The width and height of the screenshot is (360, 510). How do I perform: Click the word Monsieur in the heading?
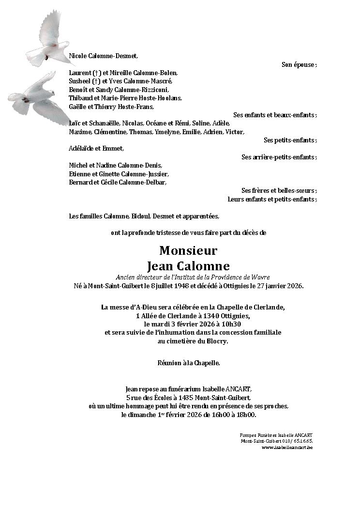pos(188,250)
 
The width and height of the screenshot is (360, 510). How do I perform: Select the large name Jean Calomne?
pos(188,266)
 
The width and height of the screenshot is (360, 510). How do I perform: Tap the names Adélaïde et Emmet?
pos(96,148)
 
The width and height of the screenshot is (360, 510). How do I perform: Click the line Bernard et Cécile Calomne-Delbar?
pos(118,182)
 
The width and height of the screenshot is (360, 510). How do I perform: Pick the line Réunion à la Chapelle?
pos(188,362)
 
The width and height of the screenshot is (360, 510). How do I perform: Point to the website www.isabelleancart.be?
pos(287,447)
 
